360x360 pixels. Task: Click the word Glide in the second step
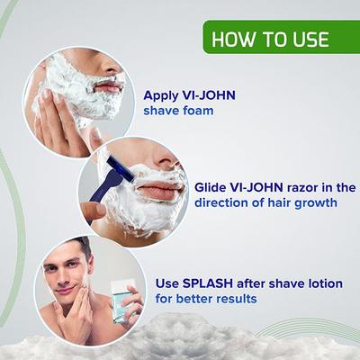click(x=211, y=187)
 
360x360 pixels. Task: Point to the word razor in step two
click(x=303, y=187)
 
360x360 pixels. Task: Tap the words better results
click(x=226, y=299)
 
